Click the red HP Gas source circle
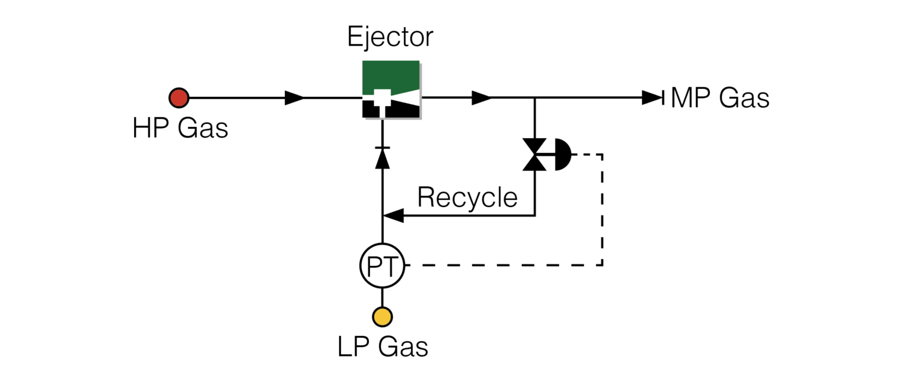click(179, 97)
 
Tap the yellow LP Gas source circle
click(382, 316)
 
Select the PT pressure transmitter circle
click(382, 265)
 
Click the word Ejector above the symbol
click(390, 37)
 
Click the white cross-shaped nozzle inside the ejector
click(383, 100)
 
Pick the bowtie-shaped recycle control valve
click(535, 155)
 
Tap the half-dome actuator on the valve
click(561, 155)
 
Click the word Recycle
click(467, 198)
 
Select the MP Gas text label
click(719, 98)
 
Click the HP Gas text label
click(180, 128)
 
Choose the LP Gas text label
click(383, 347)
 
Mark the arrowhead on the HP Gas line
click(295, 97)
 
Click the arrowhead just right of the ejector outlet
click(481, 97)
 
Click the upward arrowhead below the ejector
click(383, 158)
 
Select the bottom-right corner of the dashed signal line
click(603, 265)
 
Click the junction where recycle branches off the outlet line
click(535, 97)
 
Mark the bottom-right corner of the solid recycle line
click(535, 215)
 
